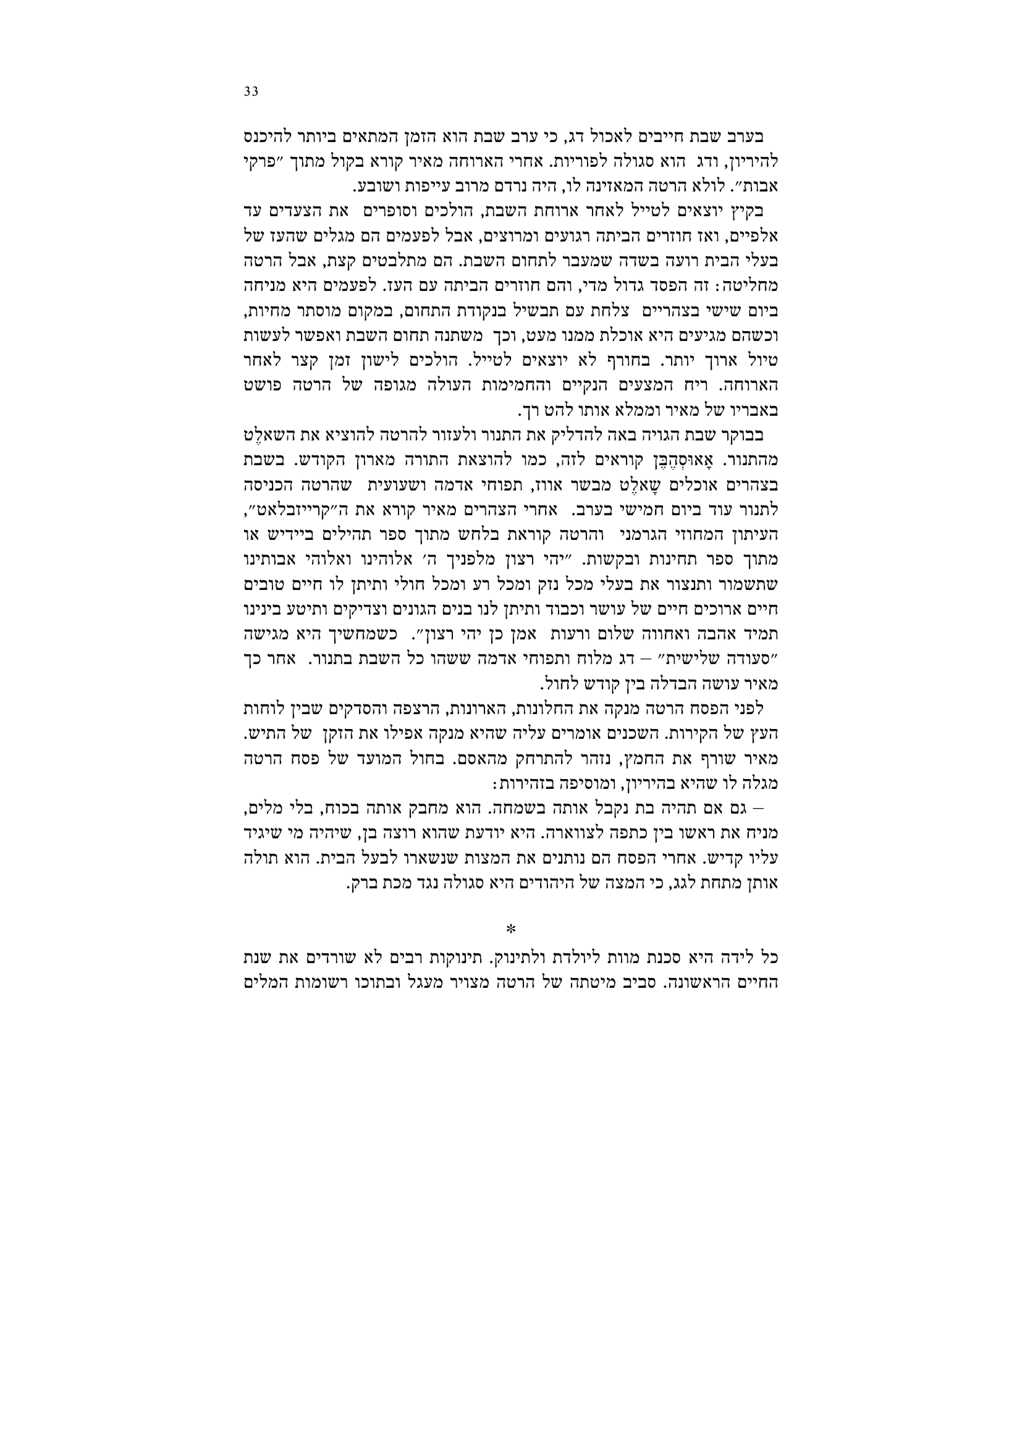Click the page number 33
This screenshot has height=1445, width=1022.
(251, 92)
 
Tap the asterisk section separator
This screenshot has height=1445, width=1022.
(511, 929)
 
